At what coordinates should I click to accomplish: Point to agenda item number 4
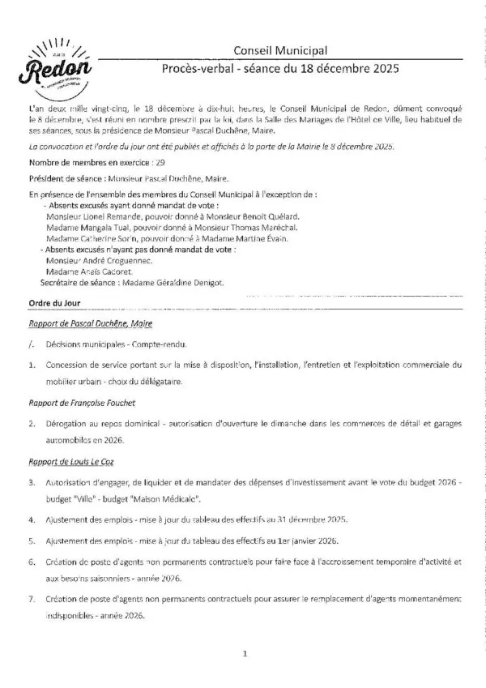click(x=31, y=519)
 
